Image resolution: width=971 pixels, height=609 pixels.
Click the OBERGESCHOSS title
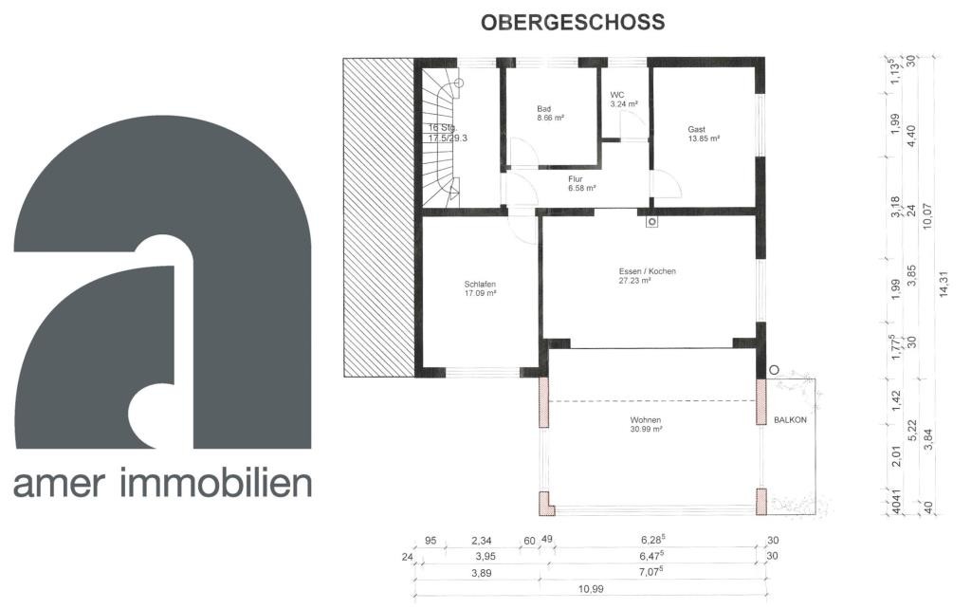pyautogui.click(x=573, y=23)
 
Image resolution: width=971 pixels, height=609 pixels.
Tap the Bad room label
pyautogui.click(x=543, y=109)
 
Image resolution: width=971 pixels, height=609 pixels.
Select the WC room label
pyautogui.click(x=617, y=95)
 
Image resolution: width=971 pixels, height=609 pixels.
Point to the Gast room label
pyautogui.click(x=697, y=129)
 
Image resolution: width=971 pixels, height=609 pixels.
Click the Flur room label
pyautogui.click(x=576, y=179)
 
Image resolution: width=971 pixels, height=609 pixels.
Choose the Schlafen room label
pyautogui.click(x=480, y=285)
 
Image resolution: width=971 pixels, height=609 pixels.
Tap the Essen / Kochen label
pyautogui.click(x=647, y=271)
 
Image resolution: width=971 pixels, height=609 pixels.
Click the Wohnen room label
pyautogui.click(x=646, y=420)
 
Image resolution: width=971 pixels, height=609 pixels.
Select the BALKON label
pyautogui.click(x=790, y=420)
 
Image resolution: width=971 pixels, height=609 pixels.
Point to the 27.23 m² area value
pyautogui.click(x=634, y=281)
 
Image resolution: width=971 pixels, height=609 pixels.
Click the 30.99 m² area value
pyautogui.click(x=646, y=429)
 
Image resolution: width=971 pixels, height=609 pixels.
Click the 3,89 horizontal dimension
pyautogui.click(x=481, y=573)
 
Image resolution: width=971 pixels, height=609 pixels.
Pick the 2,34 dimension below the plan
pyautogui.click(x=481, y=541)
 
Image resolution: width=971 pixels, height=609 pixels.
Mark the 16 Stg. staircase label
pyautogui.click(x=442, y=128)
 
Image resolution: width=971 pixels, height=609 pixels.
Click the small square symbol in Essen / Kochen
pyautogui.click(x=652, y=221)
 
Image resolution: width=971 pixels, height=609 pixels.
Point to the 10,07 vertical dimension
pyautogui.click(x=927, y=216)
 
